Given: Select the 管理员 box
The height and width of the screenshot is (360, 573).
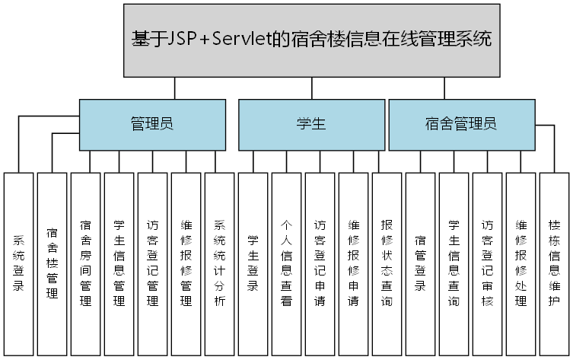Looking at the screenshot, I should (152, 124).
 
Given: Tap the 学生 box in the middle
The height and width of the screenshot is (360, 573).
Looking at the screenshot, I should (311, 124).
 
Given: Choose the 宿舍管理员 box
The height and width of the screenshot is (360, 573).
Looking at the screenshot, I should (461, 124).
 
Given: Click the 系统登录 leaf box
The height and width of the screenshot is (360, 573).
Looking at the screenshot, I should (18, 263).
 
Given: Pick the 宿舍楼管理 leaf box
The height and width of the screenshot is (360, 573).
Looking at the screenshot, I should (52, 263).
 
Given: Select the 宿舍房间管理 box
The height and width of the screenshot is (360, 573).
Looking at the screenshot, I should (85, 263).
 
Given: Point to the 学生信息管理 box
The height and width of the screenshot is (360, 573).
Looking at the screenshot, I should (119, 263).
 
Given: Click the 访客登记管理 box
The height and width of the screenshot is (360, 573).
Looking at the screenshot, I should (152, 263).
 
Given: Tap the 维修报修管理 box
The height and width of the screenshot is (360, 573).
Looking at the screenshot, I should (186, 263).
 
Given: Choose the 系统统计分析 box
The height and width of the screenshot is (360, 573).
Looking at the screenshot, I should (219, 263).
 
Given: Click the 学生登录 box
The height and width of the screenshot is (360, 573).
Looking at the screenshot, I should (253, 263).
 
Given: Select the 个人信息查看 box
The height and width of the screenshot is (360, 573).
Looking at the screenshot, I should (286, 263).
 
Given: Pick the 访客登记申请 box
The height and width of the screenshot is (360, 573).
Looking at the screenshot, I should (320, 263).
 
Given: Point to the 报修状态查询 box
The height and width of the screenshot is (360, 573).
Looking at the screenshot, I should (387, 263).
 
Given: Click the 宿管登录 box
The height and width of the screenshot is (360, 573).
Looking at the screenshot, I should (420, 263).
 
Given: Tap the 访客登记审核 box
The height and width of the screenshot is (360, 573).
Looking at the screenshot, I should (487, 263).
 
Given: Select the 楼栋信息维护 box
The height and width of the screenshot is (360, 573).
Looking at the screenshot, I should (554, 263).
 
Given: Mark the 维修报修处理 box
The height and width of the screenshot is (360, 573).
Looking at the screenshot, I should (520, 263).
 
